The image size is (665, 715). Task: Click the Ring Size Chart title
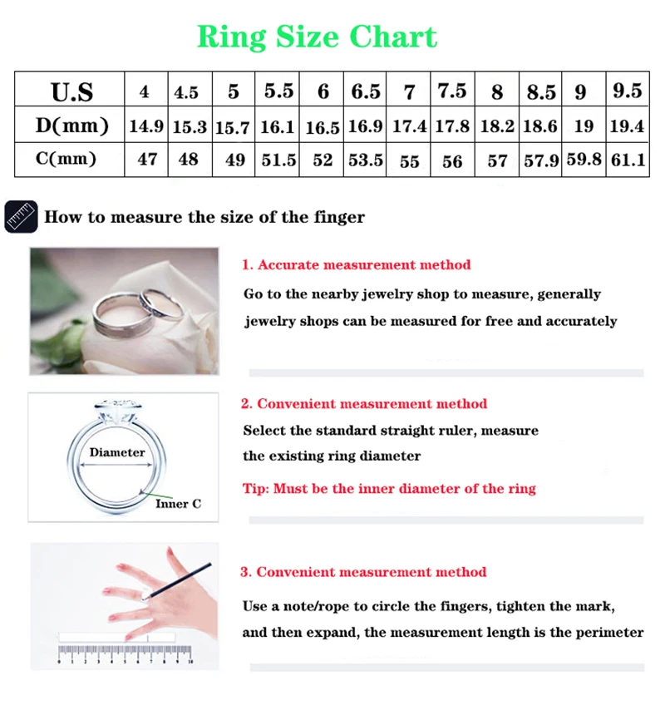tap(317, 37)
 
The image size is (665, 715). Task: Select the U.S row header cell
tap(71, 91)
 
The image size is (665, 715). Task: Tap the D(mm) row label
tap(71, 126)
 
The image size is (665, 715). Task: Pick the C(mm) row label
tap(71, 159)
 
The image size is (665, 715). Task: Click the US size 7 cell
tap(409, 91)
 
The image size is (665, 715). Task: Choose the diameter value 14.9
tap(146, 126)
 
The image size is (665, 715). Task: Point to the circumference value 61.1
tap(628, 159)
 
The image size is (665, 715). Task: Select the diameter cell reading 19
tap(584, 126)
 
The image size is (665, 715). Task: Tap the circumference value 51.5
tap(278, 159)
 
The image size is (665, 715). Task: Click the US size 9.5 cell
tap(628, 91)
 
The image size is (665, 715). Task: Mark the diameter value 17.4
tap(409, 126)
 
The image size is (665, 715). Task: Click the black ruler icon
tap(21, 217)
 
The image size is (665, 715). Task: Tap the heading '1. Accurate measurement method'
tap(356, 265)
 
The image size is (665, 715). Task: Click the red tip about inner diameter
tap(389, 489)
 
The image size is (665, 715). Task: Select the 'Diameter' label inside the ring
tap(117, 453)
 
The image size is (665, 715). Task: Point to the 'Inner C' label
tap(177, 504)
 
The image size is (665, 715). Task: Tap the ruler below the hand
tap(125, 648)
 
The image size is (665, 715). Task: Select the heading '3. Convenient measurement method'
tap(363, 572)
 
